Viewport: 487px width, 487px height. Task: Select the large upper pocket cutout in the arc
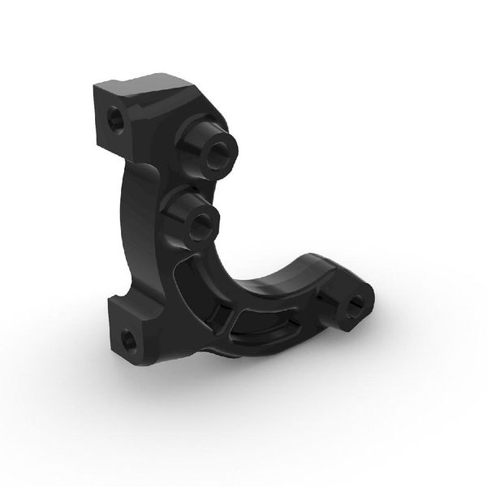[192, 284]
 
